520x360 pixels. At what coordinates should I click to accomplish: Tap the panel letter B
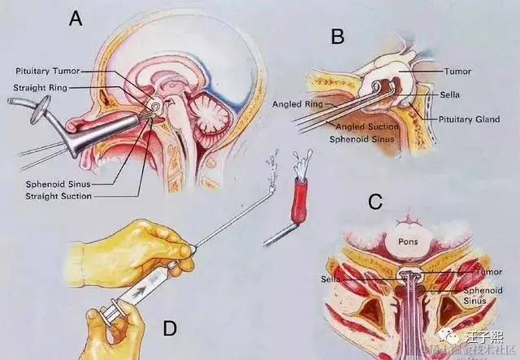point(338,35)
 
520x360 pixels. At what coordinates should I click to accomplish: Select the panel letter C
point(375,202)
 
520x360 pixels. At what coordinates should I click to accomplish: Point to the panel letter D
point(170,328)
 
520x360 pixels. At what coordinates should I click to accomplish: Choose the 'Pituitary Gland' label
point(470,119)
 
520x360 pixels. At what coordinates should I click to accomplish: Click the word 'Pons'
point(407,241)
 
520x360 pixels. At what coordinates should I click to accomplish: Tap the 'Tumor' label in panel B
point(459,71)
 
